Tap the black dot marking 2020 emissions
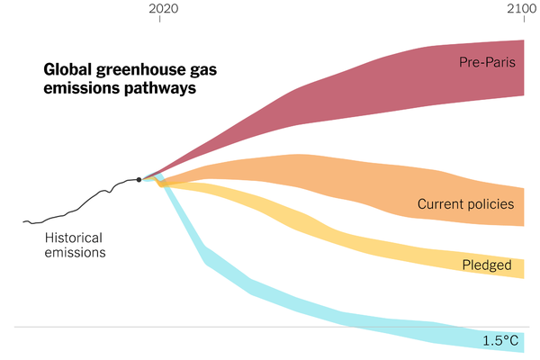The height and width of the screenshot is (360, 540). (139, 179)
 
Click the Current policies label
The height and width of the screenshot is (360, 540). (465, 204)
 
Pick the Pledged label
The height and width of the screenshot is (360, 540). (487, 265)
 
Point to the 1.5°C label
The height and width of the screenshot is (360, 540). (499, 340)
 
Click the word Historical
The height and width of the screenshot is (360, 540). (74, 238)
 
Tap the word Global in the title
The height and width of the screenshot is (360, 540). (67, 69)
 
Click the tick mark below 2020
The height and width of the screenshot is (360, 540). (160, 20)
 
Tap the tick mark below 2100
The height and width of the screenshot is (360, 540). (525, 20)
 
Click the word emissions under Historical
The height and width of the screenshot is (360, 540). (76, 253)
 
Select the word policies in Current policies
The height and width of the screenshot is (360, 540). (490, 204)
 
